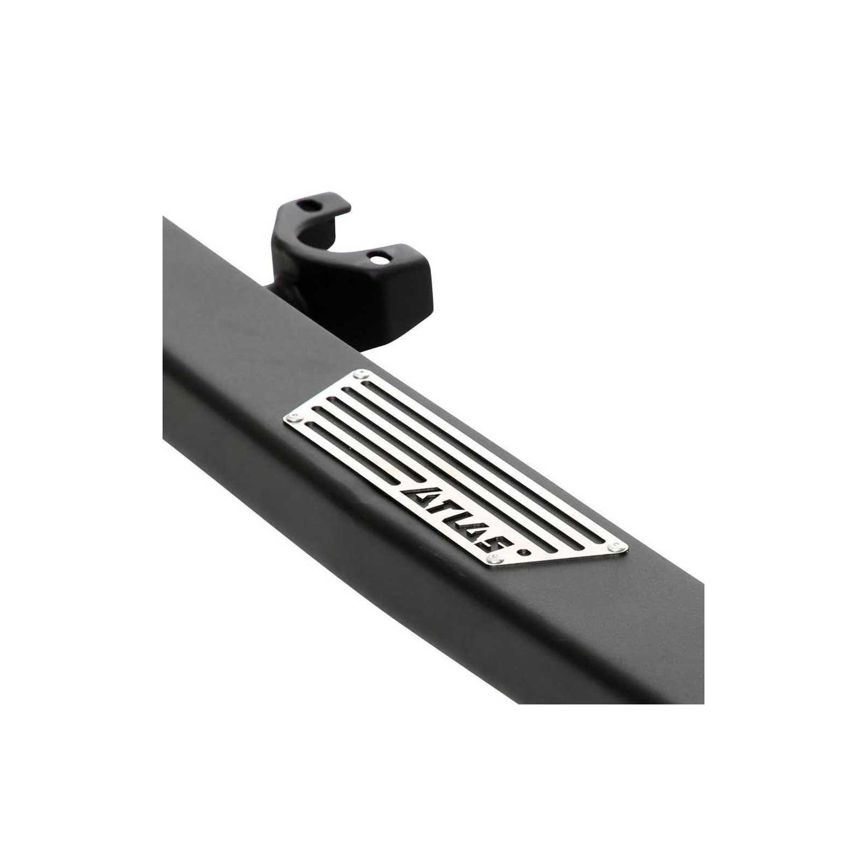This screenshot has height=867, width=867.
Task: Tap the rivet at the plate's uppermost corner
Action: point(360,375)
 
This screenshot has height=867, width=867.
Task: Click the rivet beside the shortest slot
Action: point(295,418)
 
